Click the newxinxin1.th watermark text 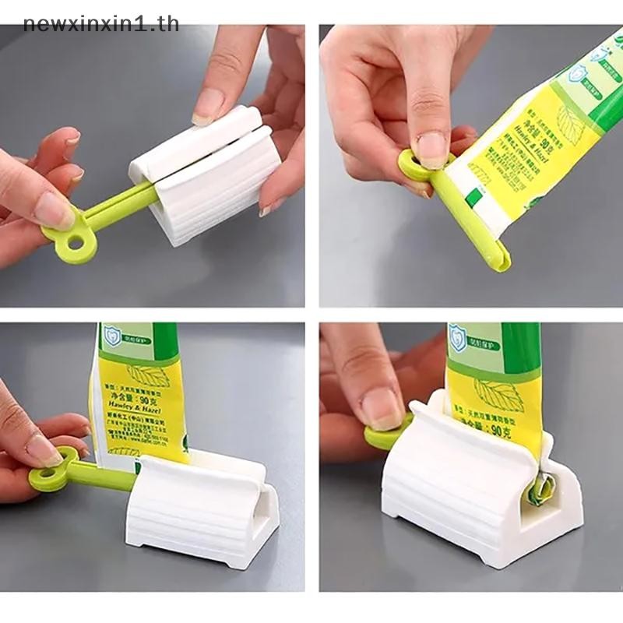pyautogui.click(x=101, y=23)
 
